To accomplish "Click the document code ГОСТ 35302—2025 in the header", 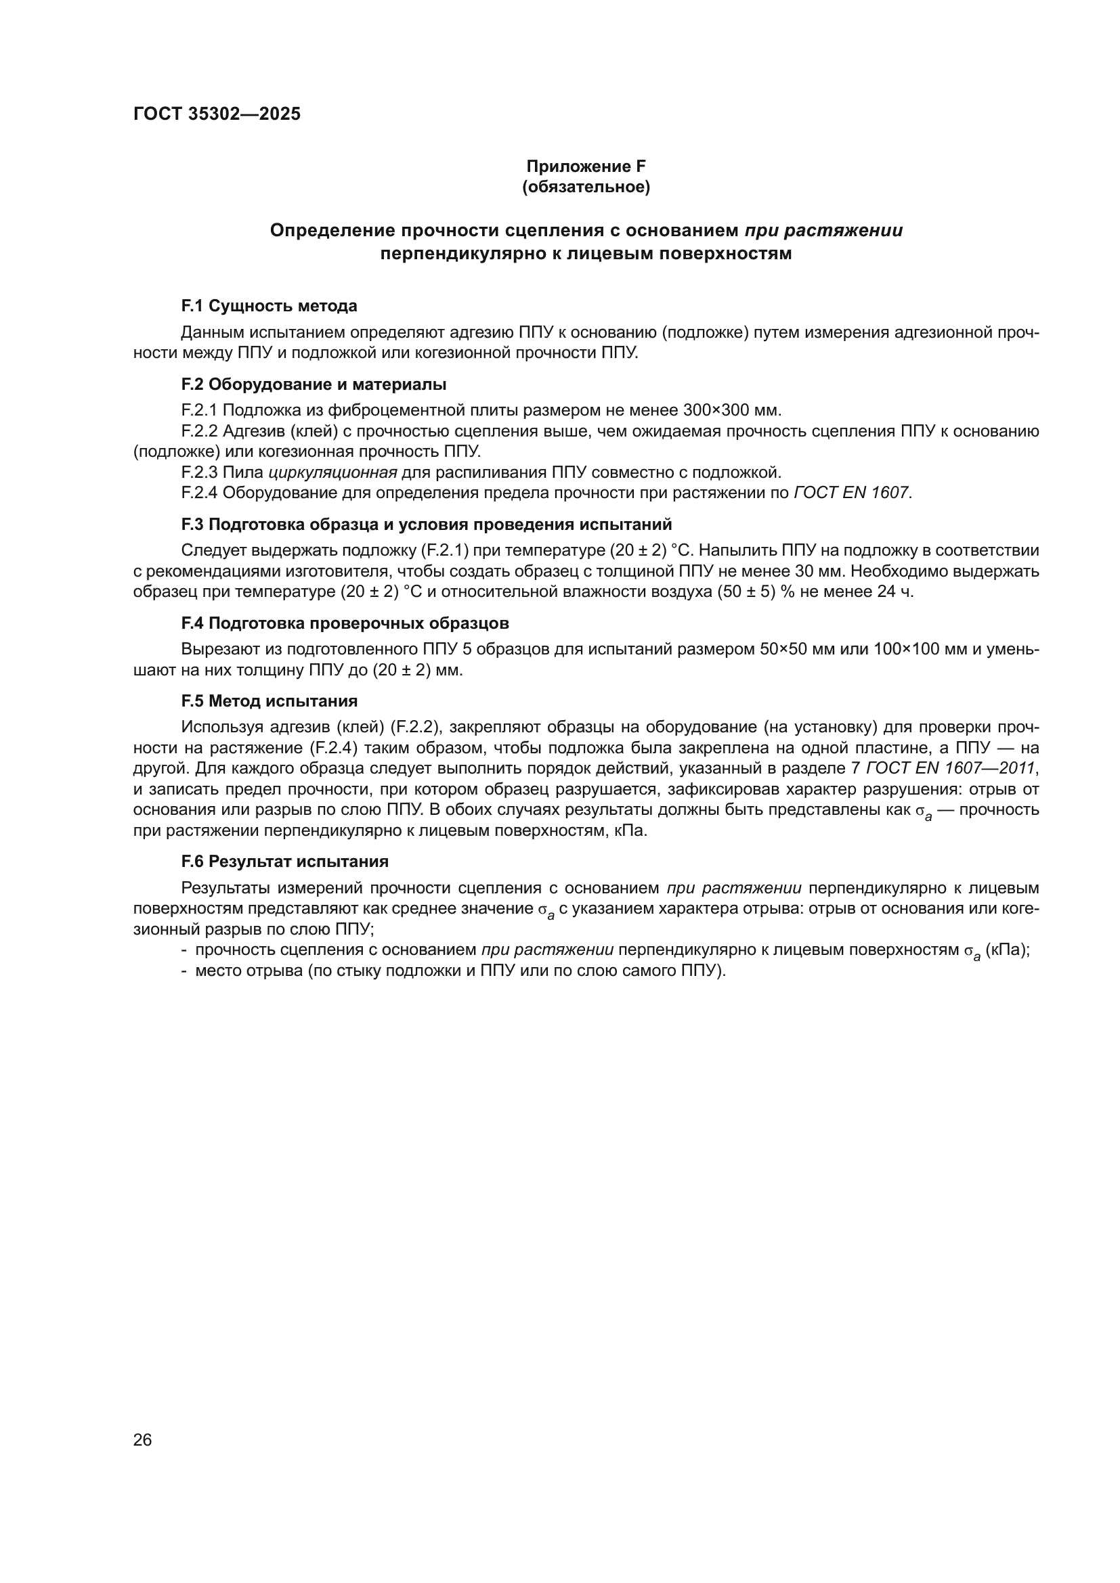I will (x=217, y=114).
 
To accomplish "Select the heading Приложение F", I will (x=586, y=166).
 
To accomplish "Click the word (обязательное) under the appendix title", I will (x=586, y=187).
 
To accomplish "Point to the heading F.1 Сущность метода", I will (x=269, y=306).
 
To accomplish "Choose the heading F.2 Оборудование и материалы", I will (x=314, y=384).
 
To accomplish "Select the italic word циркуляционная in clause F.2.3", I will (x=332, y=473).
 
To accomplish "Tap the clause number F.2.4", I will (x=199, y=493).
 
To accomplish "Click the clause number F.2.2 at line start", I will (x=199, y=432).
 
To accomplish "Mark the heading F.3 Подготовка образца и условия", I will (x=426, y=525).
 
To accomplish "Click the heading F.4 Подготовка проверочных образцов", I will (x=345, y=623).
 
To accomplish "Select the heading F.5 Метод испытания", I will (x=269, y=702).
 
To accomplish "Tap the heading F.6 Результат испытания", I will (x=285, y=862).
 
